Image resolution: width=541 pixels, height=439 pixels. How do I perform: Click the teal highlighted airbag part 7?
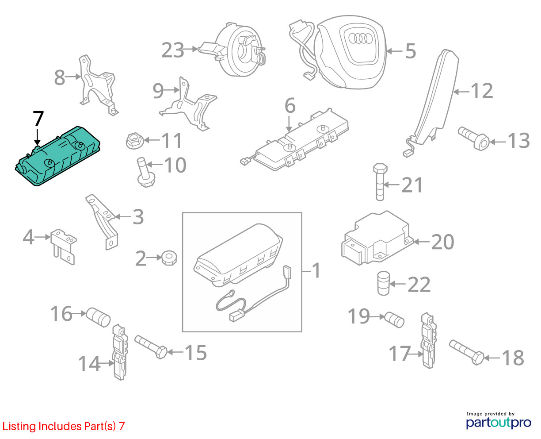click(57, 156)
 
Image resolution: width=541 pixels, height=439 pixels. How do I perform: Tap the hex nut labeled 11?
click(134, 140)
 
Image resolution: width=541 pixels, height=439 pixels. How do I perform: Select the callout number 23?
click(172, 50)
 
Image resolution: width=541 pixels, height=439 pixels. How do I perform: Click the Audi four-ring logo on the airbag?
click(360, 39)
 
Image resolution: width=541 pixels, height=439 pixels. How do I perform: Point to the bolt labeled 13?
click(473, 138)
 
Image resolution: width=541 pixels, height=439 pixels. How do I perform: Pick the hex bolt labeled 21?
click(380, 182)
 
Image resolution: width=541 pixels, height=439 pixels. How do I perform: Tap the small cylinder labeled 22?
click(383, 283)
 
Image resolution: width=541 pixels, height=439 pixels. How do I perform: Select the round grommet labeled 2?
click(169, 258)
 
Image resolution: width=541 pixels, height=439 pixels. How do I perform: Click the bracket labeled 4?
click(64, 246)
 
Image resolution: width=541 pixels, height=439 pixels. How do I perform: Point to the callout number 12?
click(482, 91)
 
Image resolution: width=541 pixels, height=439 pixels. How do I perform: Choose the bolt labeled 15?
click(151, 347)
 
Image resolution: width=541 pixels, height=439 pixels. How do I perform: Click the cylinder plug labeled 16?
click(98, 317)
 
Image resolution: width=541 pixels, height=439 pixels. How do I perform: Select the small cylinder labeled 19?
click(394, 320)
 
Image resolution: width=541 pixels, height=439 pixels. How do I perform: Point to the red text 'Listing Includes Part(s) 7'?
click(64, 426)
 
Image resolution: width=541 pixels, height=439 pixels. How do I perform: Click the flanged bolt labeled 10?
click(145, 173)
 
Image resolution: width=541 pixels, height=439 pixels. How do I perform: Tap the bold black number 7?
click(38, 118)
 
